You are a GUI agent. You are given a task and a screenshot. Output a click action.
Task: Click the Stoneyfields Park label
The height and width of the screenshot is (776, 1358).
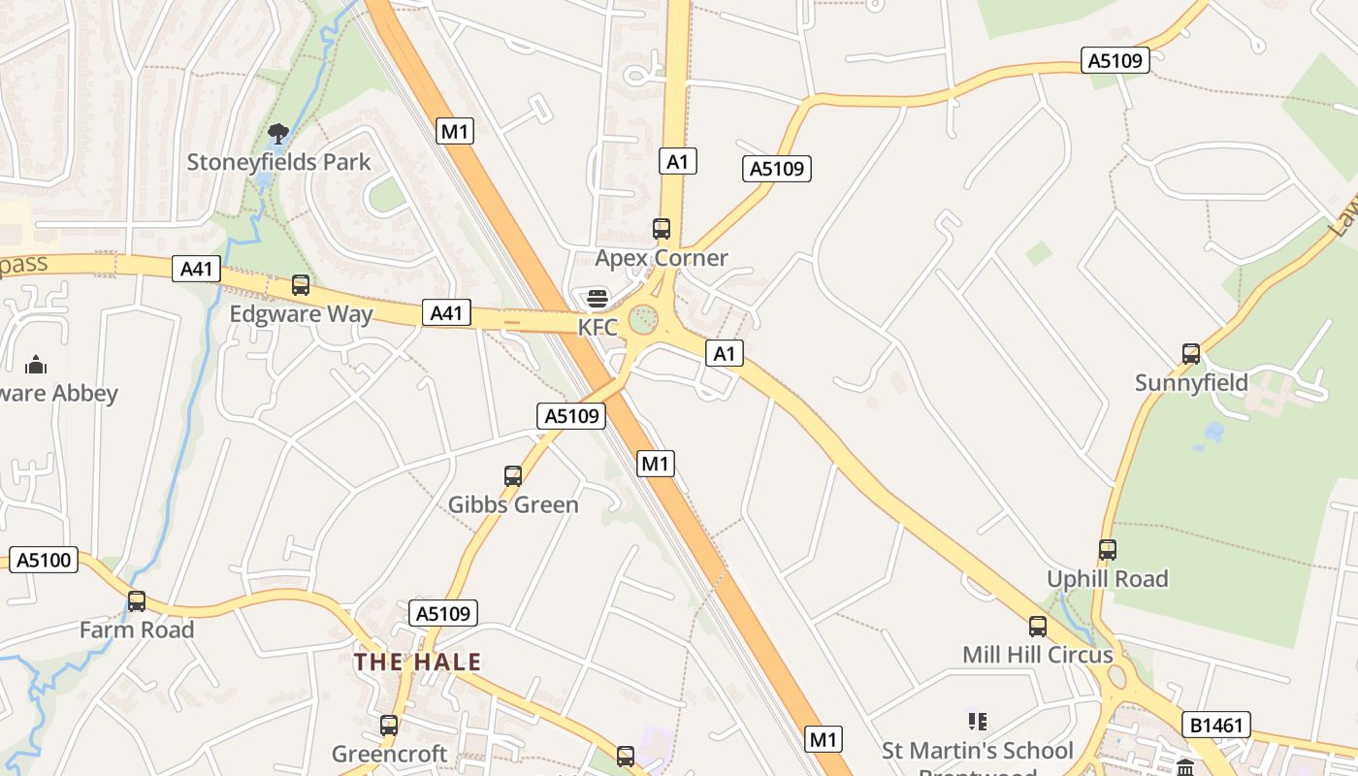click(x=278, y=162)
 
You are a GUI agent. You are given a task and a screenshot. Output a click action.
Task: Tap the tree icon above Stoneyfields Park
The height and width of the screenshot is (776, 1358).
click(x=278, y=133)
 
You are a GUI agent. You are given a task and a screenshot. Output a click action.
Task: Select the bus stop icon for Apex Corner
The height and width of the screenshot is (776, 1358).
click(x=662, y=229)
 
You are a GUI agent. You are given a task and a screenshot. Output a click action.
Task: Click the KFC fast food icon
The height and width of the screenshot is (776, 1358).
click(x=598, y=298)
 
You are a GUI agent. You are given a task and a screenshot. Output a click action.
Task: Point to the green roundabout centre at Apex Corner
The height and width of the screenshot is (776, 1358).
click(x=643, y=318)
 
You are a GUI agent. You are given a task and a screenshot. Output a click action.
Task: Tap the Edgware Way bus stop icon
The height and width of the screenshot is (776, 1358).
click(x=301, y=285)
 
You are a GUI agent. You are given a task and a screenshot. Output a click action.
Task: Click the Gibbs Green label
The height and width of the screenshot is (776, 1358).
click(x=513, y=504)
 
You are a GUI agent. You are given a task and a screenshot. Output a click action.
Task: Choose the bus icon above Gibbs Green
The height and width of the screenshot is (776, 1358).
click(x=513, y=476)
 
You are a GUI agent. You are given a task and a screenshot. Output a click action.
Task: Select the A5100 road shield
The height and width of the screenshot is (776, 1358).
click(x=44, y=560)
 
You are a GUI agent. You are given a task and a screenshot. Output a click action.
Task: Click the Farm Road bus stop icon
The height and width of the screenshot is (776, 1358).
click(x=137, y=601)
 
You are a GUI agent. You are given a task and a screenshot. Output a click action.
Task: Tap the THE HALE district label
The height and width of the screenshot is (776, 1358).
click(x=417, y=663)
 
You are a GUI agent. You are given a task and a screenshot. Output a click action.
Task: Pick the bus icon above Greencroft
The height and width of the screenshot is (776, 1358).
click(x=389, y=726)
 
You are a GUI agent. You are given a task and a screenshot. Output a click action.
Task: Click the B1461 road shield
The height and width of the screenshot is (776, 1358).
click(x=1216, y=725)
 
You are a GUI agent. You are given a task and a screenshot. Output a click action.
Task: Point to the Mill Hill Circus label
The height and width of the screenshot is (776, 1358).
click(x=1038, y=655)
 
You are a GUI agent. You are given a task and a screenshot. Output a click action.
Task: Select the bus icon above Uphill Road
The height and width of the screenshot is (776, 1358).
click(x=1108, y=550)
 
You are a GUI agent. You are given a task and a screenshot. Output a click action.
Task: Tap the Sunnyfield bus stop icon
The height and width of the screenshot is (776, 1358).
click(x=1191, y=354)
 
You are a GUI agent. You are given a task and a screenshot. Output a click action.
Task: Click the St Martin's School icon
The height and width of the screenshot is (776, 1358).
click(x=978, y=721)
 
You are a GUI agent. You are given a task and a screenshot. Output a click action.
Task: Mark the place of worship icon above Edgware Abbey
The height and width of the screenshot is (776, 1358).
click(x=36, y=365)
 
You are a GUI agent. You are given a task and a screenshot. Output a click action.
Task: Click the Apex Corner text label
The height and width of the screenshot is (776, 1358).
click(x=662, y=258)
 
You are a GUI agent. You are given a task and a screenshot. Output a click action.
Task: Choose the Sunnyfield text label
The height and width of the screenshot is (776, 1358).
click(x=1191, y=383)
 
